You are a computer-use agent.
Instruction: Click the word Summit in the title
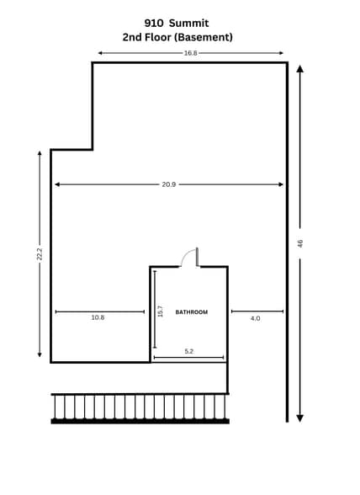192,23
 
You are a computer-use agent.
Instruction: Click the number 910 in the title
154,23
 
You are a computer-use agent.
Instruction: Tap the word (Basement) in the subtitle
201,37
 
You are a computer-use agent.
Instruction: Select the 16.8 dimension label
190,53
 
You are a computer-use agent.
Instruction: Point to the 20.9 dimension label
168,184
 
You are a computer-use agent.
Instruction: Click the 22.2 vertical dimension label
40,253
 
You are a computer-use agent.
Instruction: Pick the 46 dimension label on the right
300,243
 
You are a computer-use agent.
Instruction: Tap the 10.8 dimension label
98,317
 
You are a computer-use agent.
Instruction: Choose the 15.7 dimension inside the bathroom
160,311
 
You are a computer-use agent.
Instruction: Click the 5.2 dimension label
189,351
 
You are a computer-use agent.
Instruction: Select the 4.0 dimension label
255,318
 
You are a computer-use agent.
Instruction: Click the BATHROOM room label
191,312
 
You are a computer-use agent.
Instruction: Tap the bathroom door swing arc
187,256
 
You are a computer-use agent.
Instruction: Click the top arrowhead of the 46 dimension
300,69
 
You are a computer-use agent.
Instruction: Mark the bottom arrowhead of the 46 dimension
300,417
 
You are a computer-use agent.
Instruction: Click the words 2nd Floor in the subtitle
145,37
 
